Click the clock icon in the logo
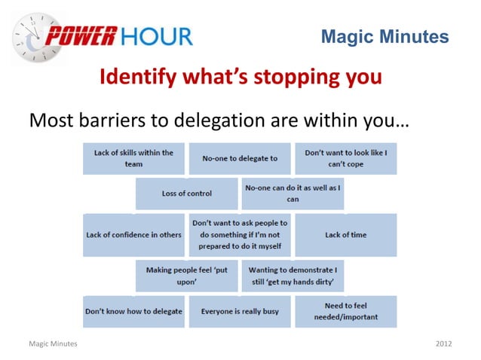point(32,37)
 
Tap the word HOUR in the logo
point(157,35)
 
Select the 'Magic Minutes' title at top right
point(384,36)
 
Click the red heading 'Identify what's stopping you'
point(240,77)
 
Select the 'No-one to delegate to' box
point(240,158)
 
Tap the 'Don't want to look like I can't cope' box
point(345,158)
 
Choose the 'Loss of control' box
point(186,194)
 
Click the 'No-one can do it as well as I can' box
point(293,194)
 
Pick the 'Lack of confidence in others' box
point(133,234)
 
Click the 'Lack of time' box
point(345,234)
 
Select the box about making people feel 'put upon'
point(186,275)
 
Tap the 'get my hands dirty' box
point(293,275)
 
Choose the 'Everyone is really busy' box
point(240,311)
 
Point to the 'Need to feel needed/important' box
point(345,311)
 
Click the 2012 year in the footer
point(443,343)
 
